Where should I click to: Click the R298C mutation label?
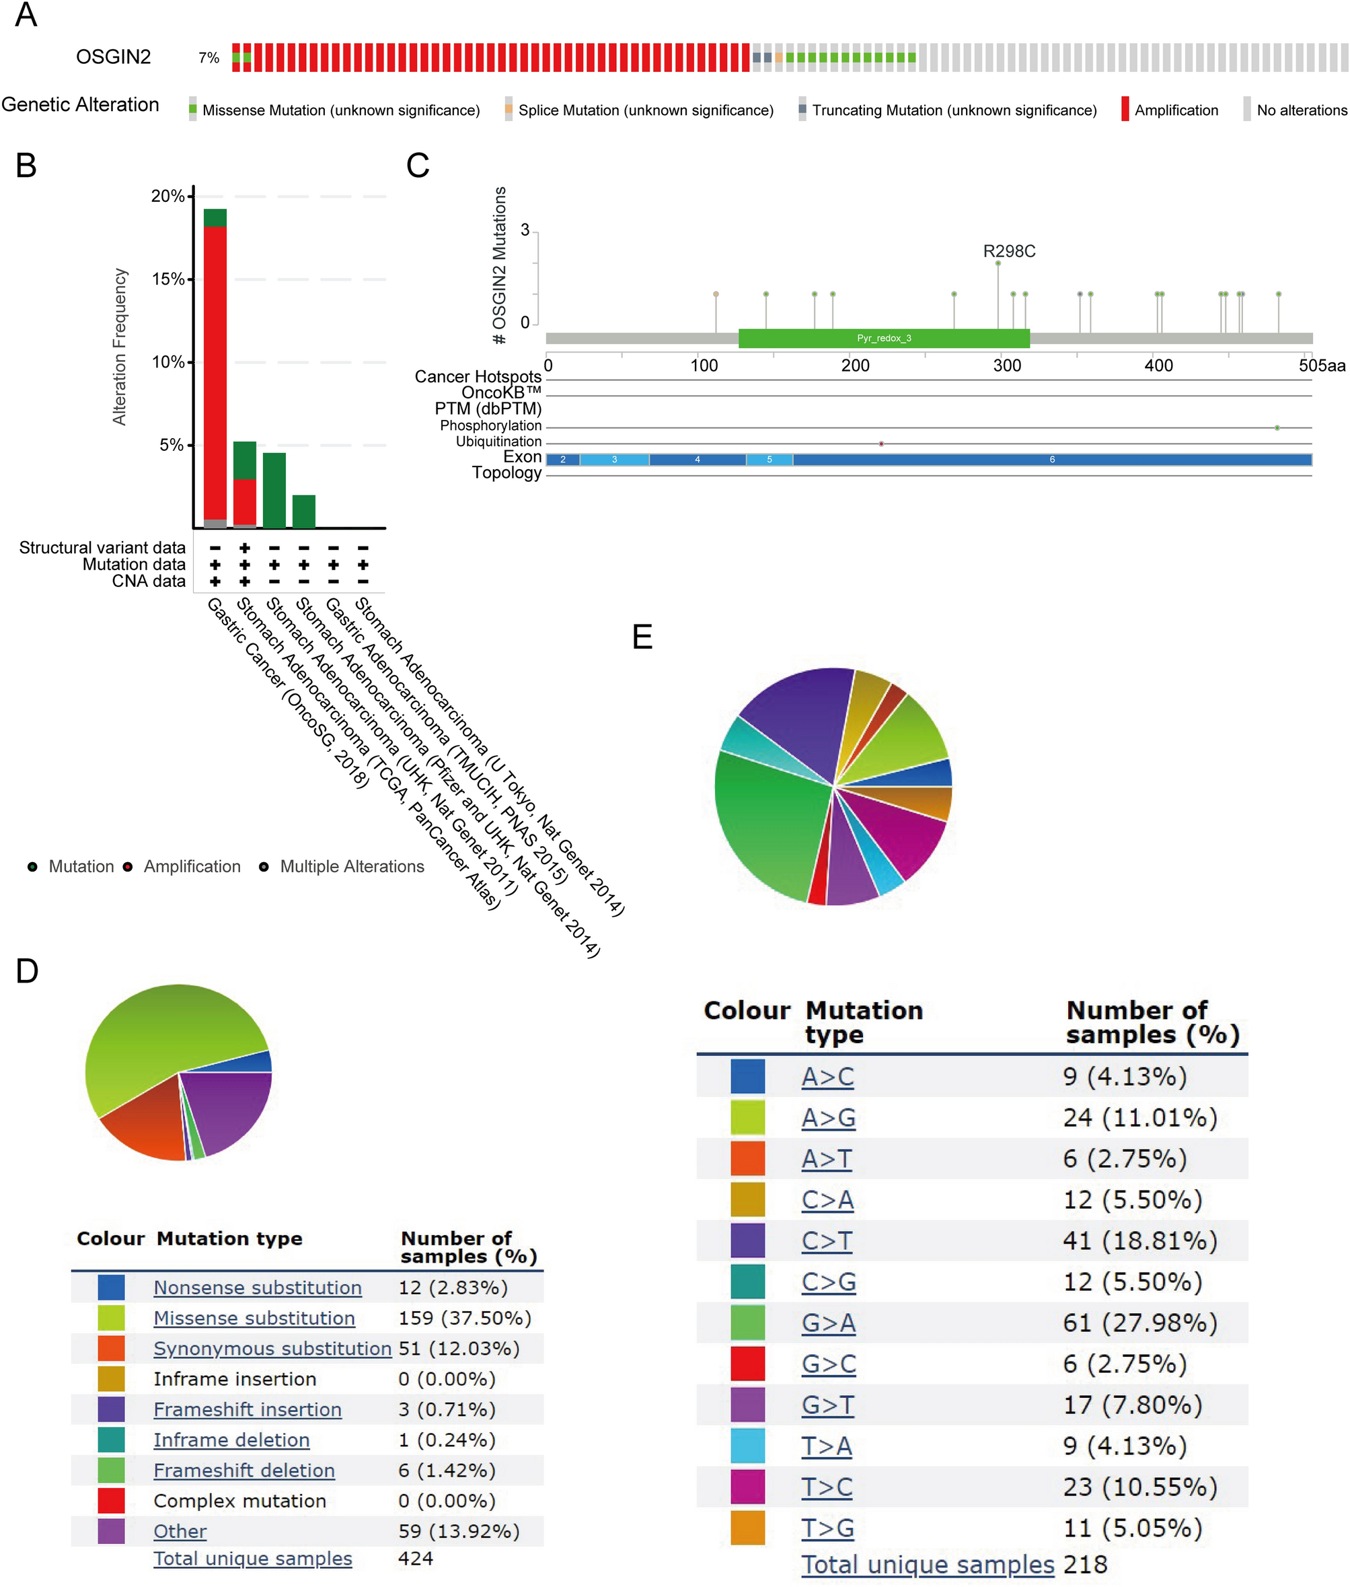pyautogui.click(x=1009, y=251)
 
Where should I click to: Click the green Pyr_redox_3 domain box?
pyautogui.click(x=883, y=339)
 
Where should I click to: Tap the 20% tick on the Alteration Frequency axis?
pyautogui.click(x=167, y=196)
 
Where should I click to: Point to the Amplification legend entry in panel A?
pyautogui.click(x=1176, y=110)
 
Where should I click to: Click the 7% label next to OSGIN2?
pyautogui.click(x=209, y=58)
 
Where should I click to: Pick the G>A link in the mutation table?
pyautogui.click(x=828, y=1323)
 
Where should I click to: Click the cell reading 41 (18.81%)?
pyautogui.click(x=1139, y=1241)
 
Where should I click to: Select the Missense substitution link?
pyautogui.click(x=254, y=1318)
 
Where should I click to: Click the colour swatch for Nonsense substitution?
pyautogui.click(x=111, y=1288)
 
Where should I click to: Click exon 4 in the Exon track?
pyautogui.click(x=697, y=459)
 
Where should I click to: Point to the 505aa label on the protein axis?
pyautogui.click(x=1321, y=366)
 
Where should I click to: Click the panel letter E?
pyautogui.click(x=642, y=637)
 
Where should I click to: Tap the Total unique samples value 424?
pyautogui.click(x=416, y=1559)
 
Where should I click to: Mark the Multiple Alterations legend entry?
pyautogui.click(x=351, y=867)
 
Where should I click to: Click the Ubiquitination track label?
pyautogui.click(x=498, y=442)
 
